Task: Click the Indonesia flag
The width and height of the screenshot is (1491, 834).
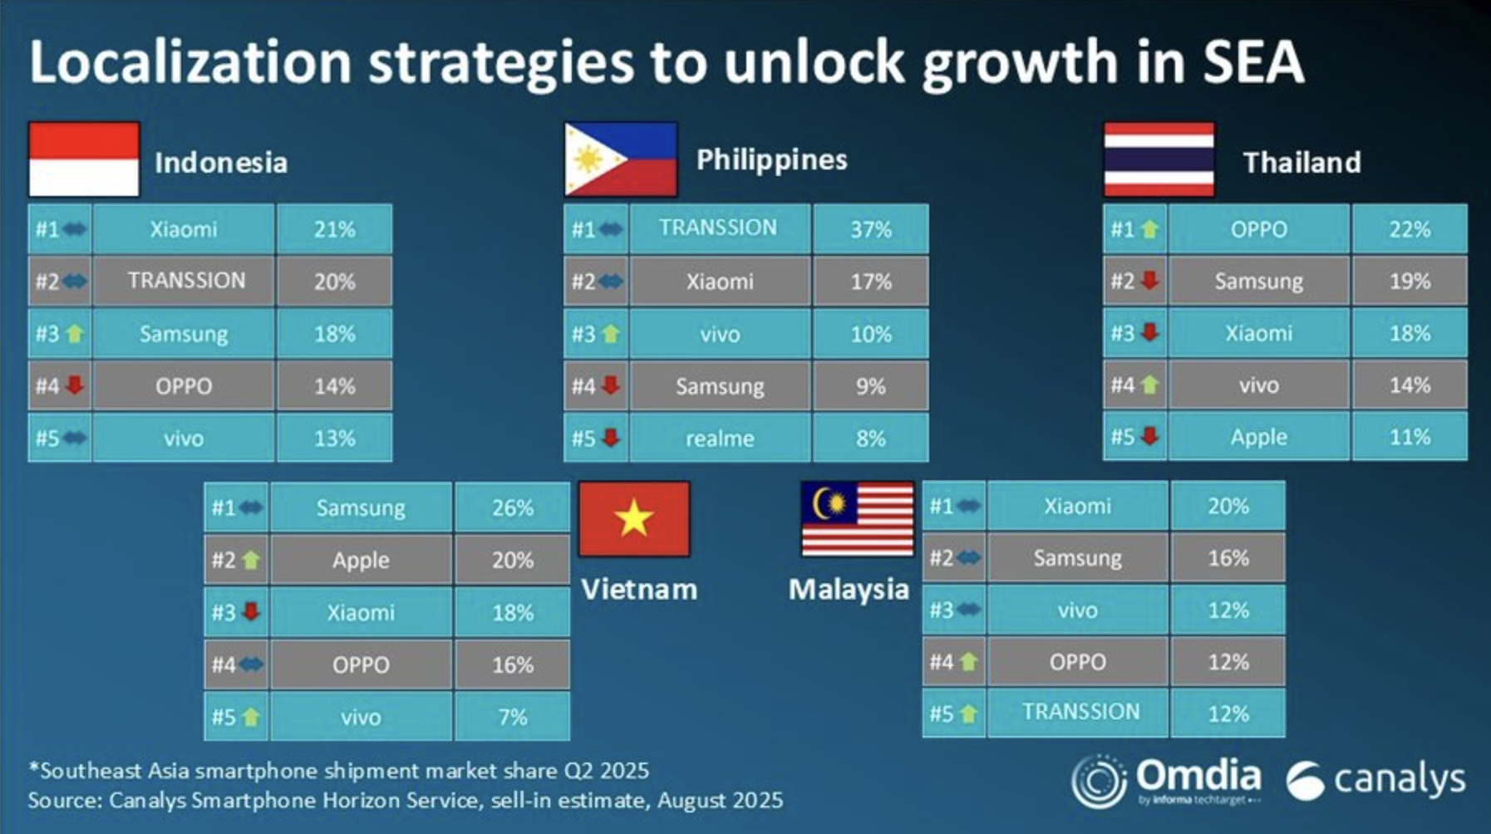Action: pos(84,159)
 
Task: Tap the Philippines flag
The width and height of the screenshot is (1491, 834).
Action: pos(621,159)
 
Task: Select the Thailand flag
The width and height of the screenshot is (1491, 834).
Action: pos(1159,159)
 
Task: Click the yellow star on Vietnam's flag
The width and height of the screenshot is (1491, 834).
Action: pos(633,518)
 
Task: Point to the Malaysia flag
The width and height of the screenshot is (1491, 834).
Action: pos(857,519)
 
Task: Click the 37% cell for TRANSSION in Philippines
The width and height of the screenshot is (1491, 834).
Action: pos(870,229)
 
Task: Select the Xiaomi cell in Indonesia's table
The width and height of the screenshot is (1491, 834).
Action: pos(184,229)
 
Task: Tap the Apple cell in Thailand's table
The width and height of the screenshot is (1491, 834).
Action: pos(1258,437)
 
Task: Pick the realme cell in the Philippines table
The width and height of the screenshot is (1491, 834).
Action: pos(720,438)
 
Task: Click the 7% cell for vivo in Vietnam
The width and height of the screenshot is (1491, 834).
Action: pos(512,716)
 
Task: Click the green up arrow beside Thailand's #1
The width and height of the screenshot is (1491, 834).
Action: pos(1149,229)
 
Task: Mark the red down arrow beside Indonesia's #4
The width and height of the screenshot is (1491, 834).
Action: pos(75,385)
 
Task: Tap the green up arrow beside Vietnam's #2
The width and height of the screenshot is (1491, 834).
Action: pos(251,561)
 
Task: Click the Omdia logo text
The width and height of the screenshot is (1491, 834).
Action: pos(1198,776)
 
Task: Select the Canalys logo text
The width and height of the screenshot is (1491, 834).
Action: pos(1399,779)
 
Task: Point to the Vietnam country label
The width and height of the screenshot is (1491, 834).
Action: pos(638,589)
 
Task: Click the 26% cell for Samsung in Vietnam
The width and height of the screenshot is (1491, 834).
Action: pos(512,508)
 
